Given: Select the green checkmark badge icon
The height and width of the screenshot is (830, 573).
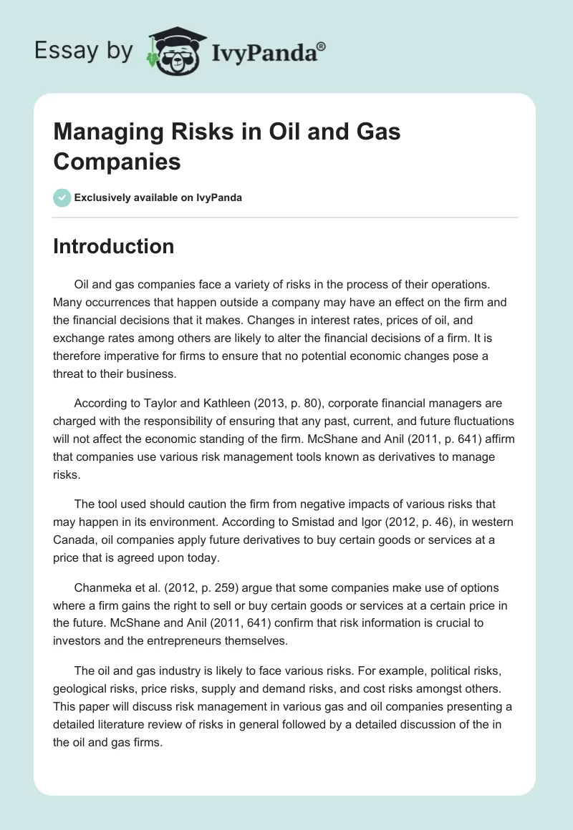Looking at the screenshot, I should point(62,197).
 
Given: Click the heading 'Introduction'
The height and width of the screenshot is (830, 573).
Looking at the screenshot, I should point(113,246).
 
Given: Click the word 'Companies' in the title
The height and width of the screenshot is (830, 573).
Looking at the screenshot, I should point(117,162).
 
